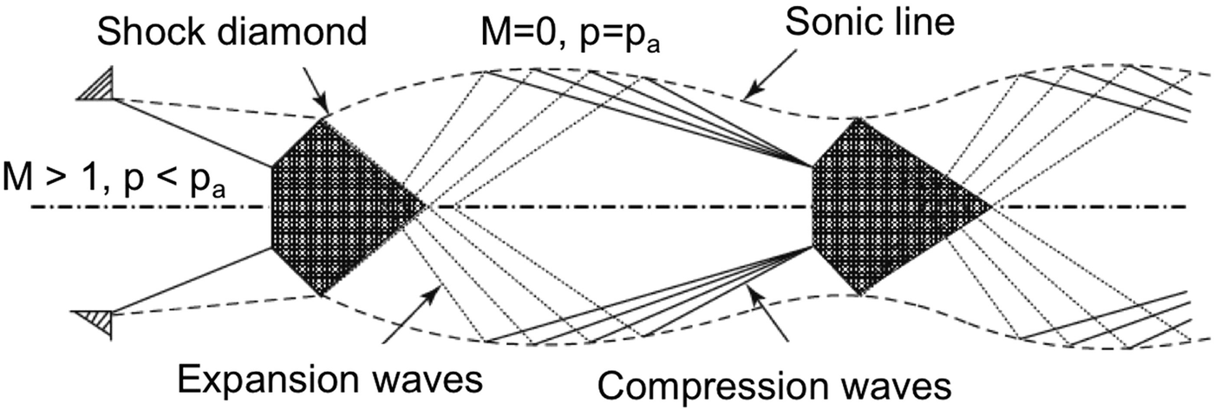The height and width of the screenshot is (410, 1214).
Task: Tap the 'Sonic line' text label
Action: tap(871, 23)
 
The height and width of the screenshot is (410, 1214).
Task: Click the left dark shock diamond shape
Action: tap(338, 206)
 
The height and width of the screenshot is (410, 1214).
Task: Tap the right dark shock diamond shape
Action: tap(884, 206)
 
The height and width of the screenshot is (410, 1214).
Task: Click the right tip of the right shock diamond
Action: tap(992, 206)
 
